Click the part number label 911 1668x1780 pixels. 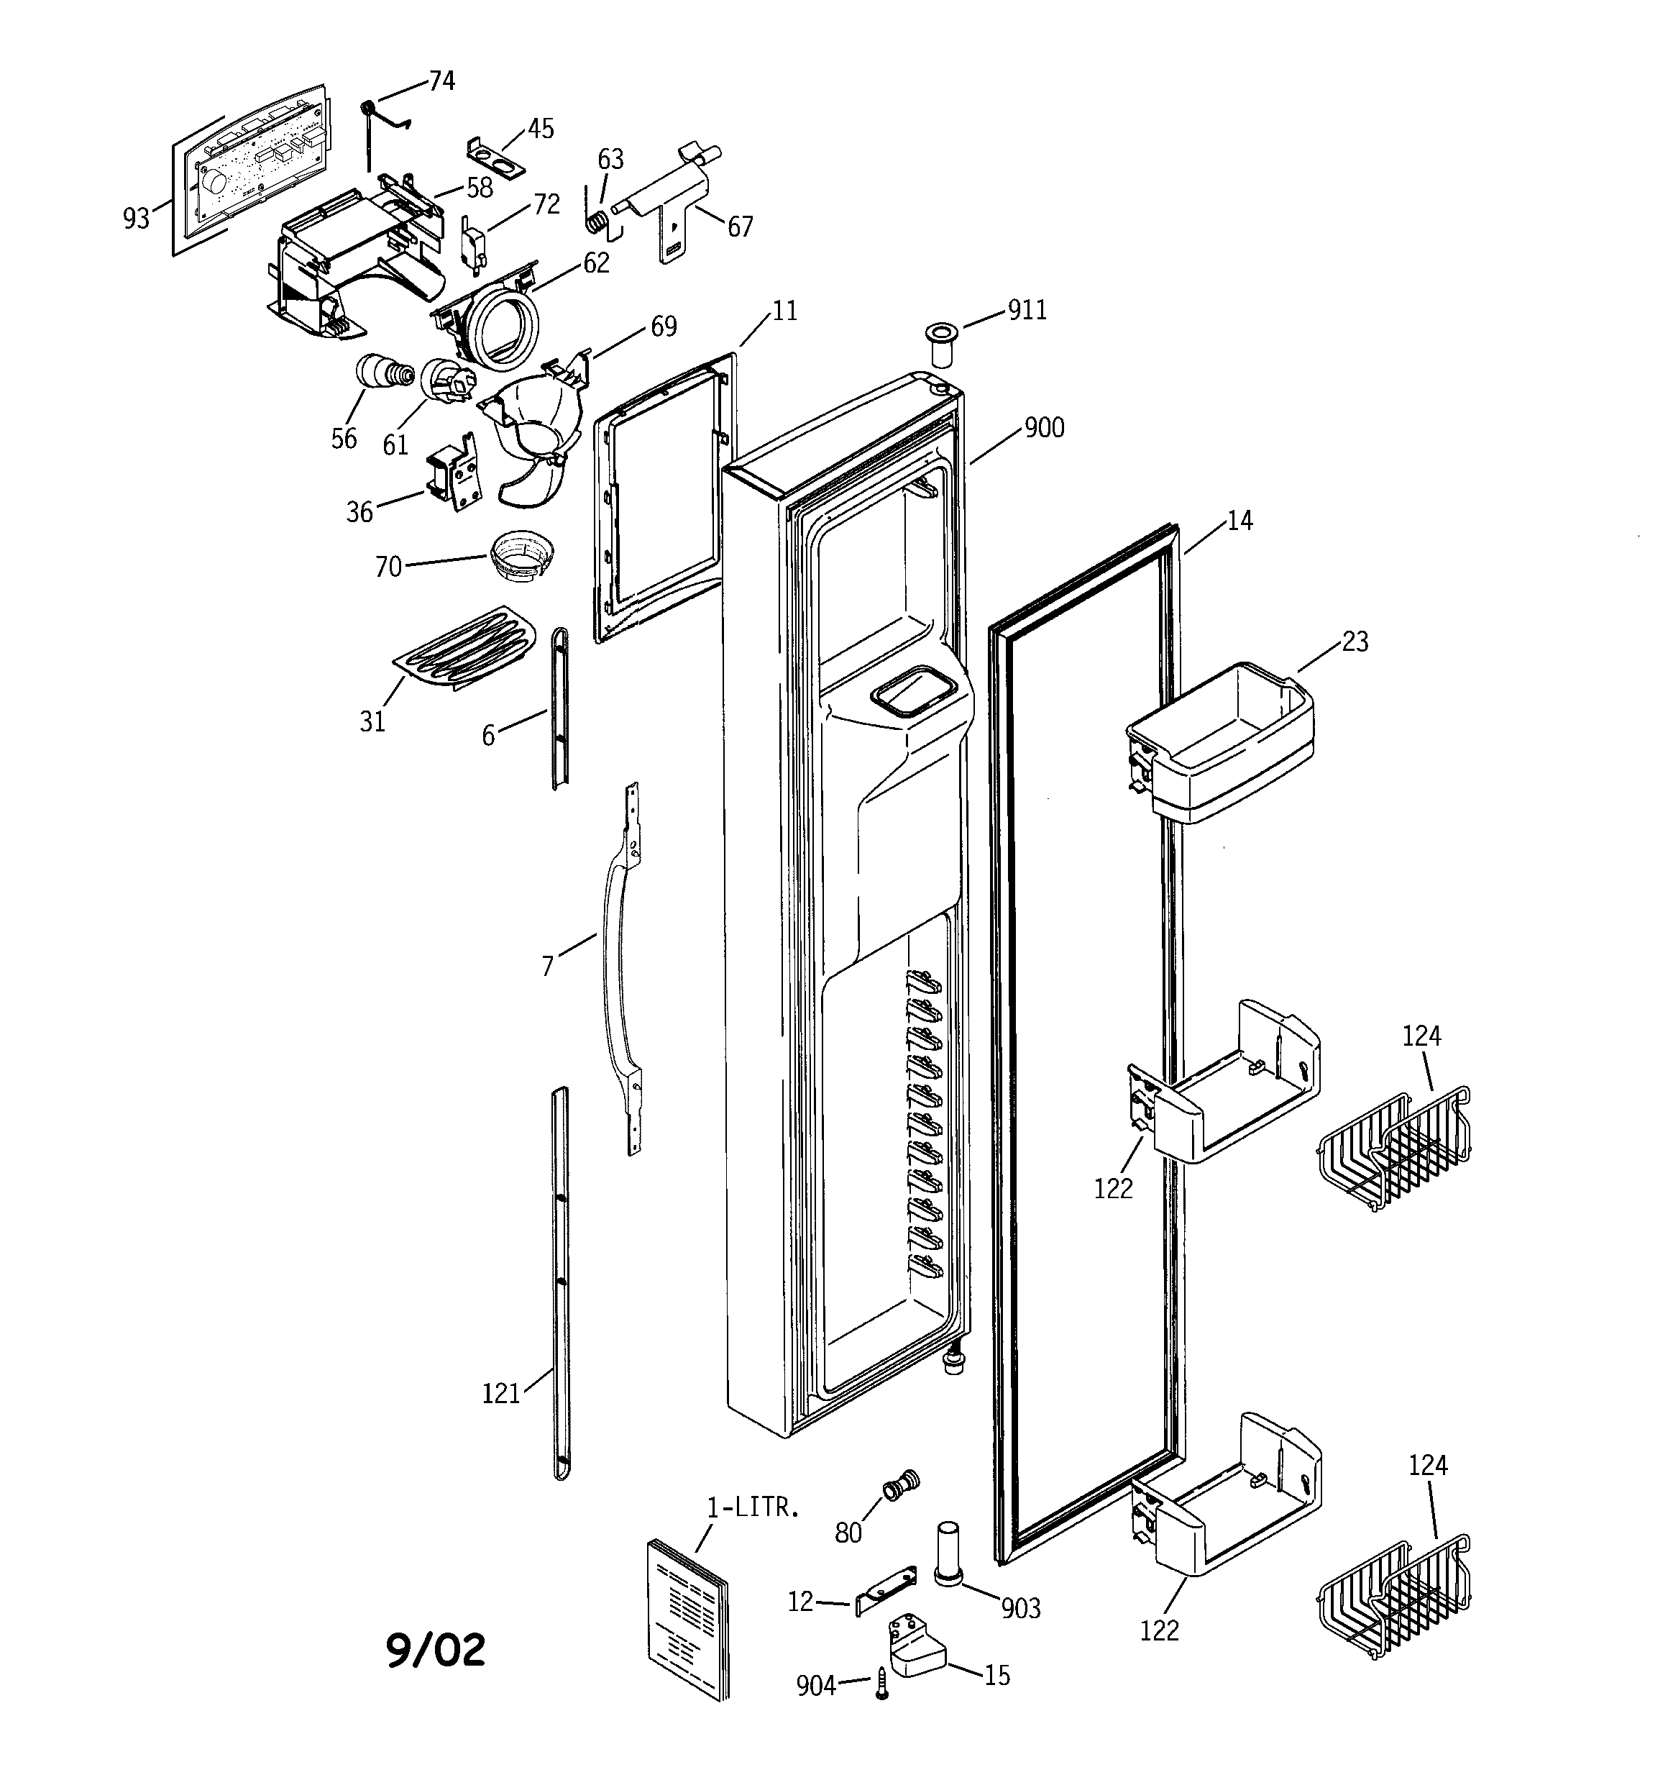point(1027,311)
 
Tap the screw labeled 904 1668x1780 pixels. point(882,1684)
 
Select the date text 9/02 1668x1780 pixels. point(436,1650)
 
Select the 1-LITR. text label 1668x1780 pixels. point(753,1508)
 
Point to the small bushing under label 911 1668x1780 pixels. point(940,344)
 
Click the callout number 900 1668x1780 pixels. point(1044,428)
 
